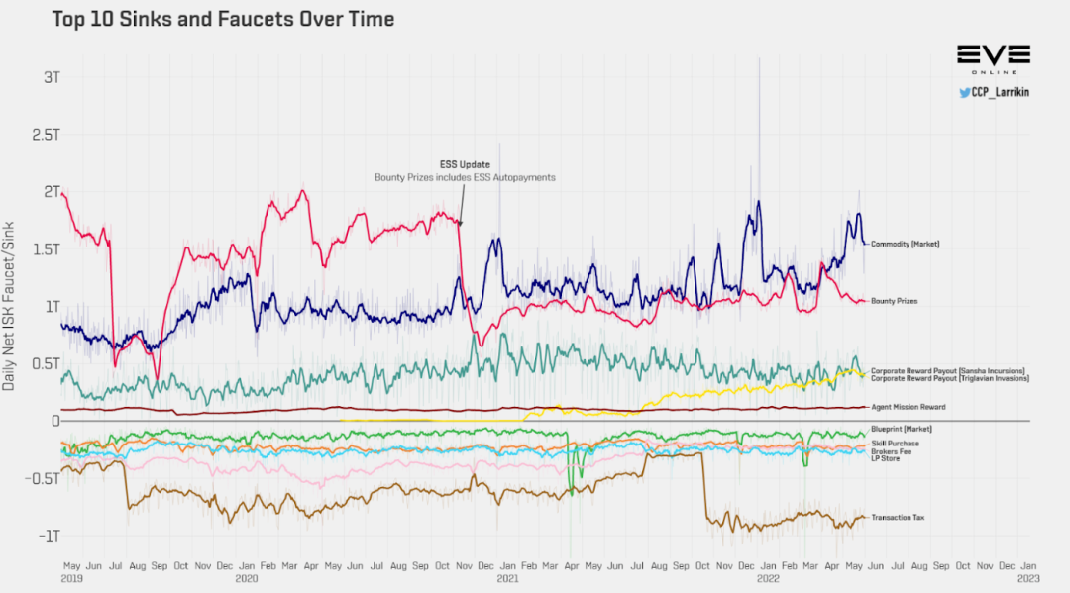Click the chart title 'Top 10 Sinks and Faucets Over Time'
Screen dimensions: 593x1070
223,19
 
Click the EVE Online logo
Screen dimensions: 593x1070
993,56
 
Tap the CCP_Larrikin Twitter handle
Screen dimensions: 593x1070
994,92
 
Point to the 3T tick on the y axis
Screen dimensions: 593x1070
50,77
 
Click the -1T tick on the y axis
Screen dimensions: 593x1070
49,536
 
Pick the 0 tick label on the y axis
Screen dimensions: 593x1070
55,421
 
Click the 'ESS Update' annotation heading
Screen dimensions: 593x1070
465,164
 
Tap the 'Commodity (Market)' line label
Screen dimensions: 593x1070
905,244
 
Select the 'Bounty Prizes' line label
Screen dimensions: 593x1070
894,301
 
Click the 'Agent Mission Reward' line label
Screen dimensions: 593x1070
908,407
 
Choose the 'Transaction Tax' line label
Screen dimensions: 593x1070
898,517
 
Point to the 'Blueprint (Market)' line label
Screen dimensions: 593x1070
904,429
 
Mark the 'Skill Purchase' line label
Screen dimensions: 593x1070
895,444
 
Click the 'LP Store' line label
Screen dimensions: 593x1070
885,458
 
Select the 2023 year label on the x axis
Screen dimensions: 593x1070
1028,577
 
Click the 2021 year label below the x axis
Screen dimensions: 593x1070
507,577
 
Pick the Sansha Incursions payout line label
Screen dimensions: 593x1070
948,370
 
